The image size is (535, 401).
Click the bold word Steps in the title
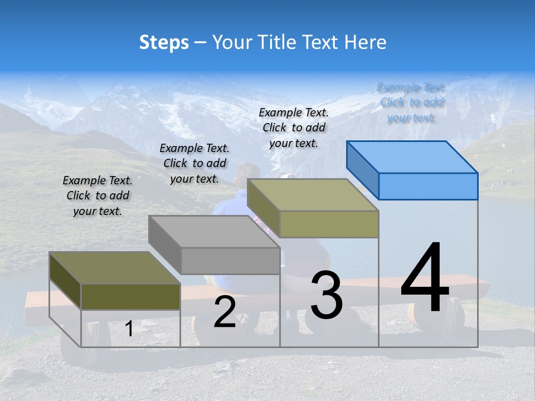164,42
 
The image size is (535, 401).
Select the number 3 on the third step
326,295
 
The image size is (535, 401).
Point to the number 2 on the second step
225,312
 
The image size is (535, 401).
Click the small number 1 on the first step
129,329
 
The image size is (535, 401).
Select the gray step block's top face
215,231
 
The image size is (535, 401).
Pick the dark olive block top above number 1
114,268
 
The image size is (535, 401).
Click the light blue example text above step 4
411,102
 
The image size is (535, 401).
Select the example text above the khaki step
294,128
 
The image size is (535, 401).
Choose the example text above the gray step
194,163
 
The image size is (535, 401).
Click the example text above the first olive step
98,195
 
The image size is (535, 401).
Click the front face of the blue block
428,186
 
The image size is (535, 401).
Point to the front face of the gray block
230,261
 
